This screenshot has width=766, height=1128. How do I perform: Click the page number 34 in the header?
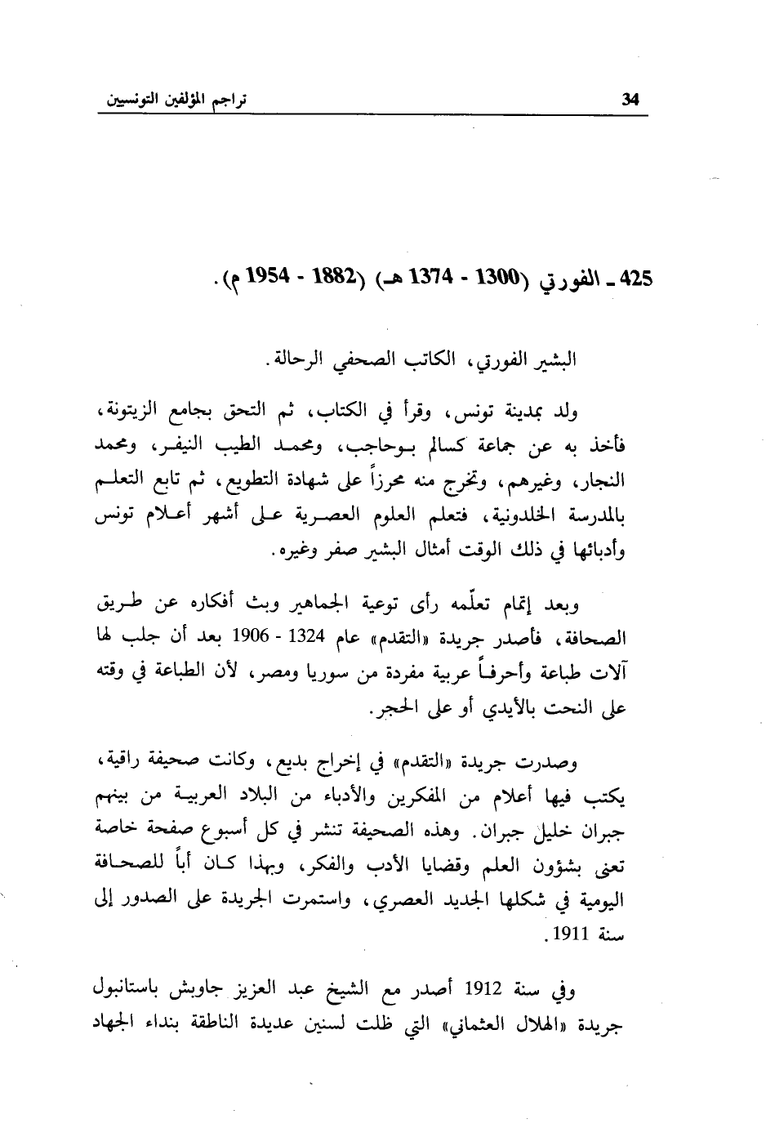coord(630,100)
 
